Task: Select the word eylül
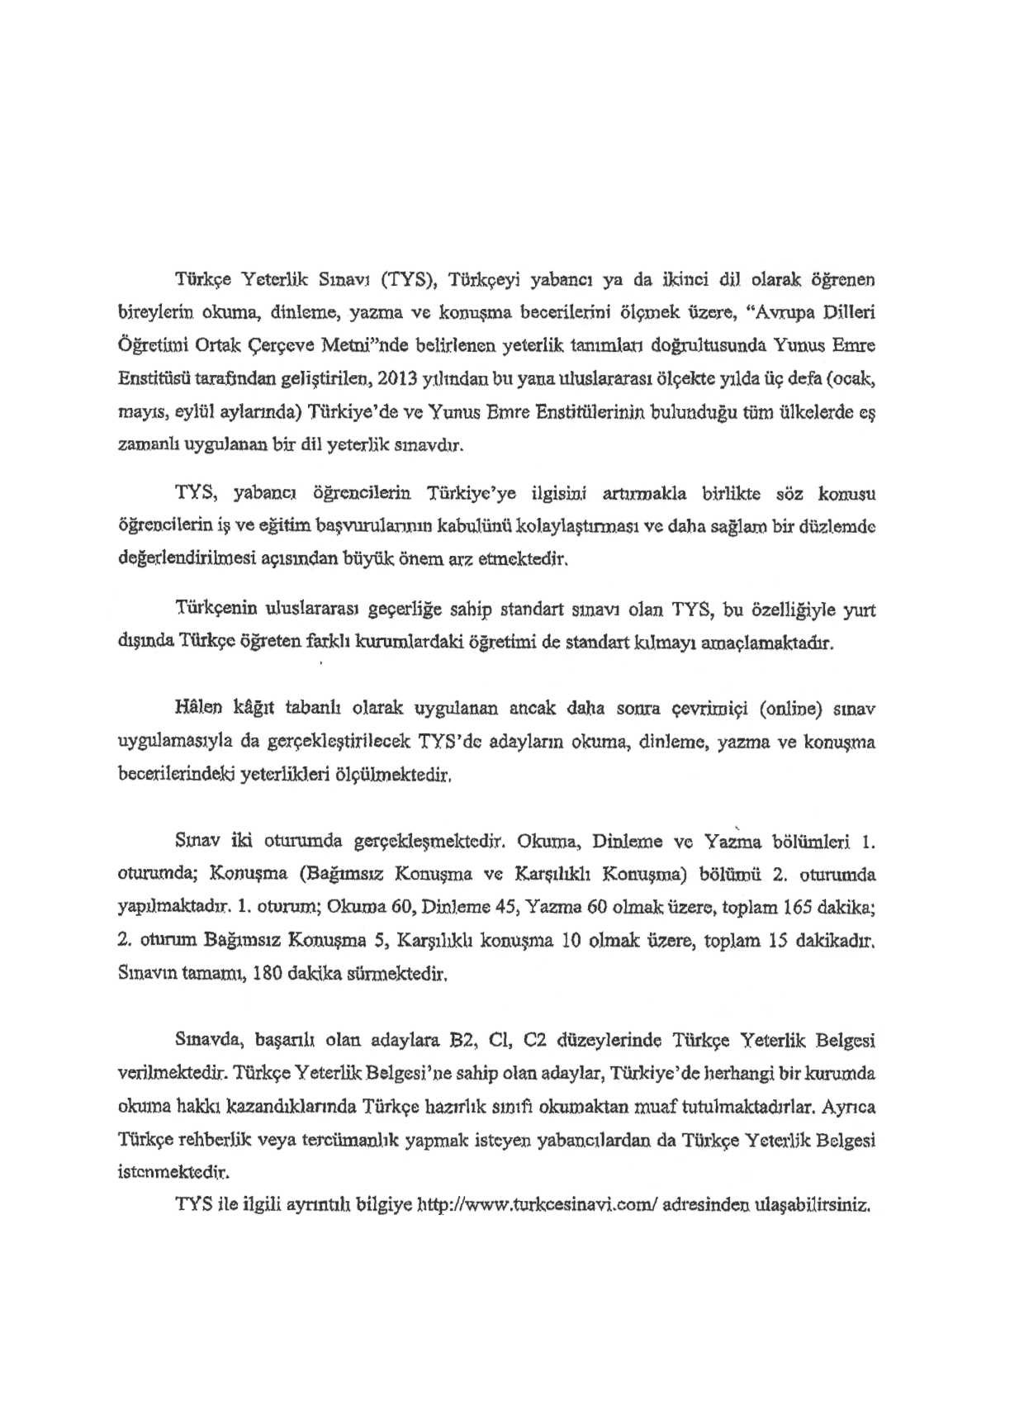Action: (x=194, y=412)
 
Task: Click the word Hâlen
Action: (x=194, y=708)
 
